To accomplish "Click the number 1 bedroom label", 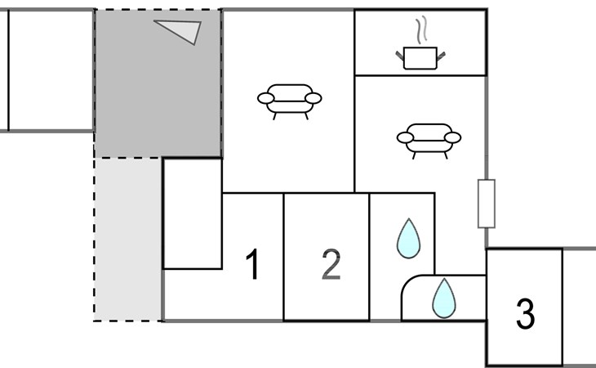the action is tap(253, 264).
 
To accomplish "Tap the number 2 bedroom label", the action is tap(331, 264).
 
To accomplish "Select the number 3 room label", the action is tap(525, 313).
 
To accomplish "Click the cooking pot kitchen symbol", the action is tap(420, 58).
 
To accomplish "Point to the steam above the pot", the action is tap(422, 29).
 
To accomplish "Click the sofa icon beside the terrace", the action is tap(290, 101).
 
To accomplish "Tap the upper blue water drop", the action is tap(408, 239).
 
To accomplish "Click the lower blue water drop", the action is tap(444, 298).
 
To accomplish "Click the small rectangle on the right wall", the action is tap(487, 204).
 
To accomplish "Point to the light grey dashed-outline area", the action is tap(128, 240).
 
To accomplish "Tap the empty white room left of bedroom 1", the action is tap(193, 214).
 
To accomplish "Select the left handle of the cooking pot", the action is tap(399, 56).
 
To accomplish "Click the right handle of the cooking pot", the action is tap(441, 56).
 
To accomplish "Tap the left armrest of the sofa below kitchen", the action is tap(405, 137).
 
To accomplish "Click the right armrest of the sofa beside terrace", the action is tap(314, 98).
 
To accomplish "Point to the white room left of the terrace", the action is tap(51, 70).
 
